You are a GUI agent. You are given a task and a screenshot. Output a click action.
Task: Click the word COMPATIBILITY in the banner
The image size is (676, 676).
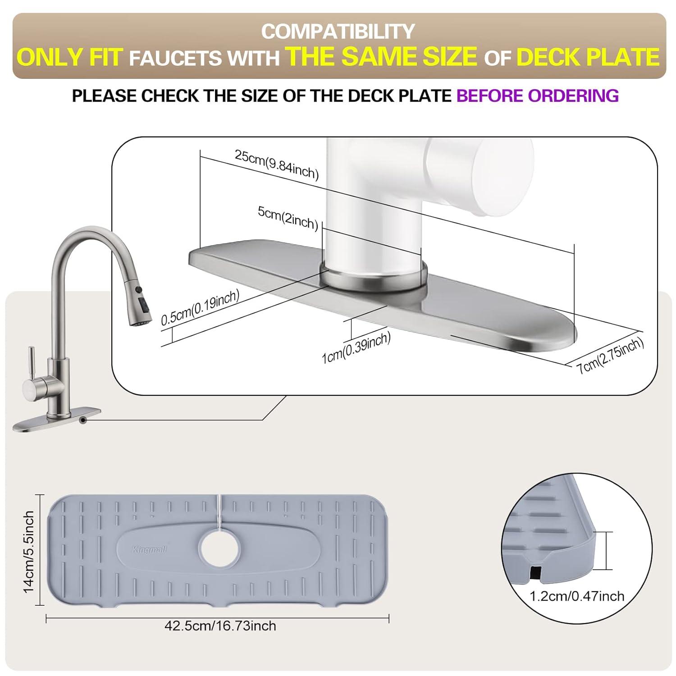338,32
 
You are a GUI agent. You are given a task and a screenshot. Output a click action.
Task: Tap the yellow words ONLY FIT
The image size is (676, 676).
70,57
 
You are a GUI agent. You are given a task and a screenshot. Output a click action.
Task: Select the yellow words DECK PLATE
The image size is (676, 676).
588,57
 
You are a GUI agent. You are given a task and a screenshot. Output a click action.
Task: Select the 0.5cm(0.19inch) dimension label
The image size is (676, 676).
200,307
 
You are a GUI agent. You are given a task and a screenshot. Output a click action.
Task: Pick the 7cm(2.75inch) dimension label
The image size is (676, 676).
611,356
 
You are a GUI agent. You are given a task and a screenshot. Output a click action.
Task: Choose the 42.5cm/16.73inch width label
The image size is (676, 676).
220,626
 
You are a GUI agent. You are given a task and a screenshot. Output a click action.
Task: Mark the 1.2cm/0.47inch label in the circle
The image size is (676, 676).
577,596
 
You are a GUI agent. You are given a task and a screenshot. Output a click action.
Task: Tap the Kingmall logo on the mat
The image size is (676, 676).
150,549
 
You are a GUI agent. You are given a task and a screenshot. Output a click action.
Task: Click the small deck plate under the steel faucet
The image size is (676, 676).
56,419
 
